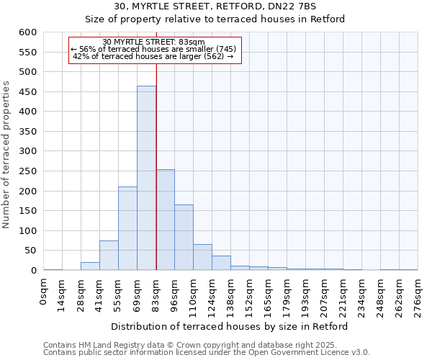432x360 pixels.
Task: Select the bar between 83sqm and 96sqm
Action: point(166,220)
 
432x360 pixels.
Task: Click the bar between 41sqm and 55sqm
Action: point(109,256)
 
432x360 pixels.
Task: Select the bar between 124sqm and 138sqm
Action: point(222,263)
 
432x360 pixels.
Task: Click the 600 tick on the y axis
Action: point(27,32)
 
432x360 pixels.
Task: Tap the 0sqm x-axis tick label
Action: point(44,292)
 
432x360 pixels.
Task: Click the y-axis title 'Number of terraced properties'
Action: point(7,154)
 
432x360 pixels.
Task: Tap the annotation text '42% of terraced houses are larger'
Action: point(154,56)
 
